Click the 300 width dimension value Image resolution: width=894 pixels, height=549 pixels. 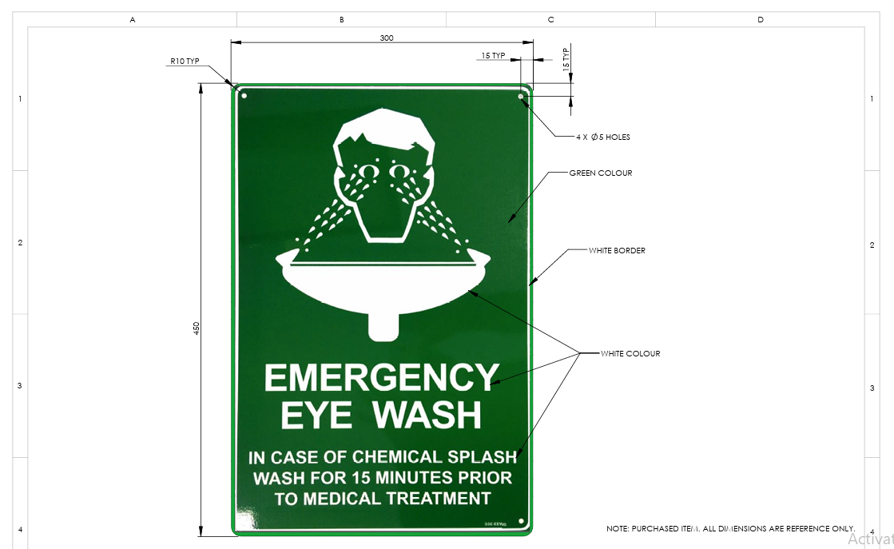[387, 38]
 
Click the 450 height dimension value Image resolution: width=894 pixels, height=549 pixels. [197, 328]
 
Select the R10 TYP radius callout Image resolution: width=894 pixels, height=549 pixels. [184, 61]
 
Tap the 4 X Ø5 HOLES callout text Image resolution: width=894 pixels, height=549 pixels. [603, 137]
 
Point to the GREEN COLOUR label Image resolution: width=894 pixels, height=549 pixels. [601, 173]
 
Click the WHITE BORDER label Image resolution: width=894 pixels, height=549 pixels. [617, 251]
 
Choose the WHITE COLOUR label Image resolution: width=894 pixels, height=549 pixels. [630, 354]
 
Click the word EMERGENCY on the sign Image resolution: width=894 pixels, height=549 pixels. [381, 378]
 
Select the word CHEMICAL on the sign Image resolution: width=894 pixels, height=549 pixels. [397, 457]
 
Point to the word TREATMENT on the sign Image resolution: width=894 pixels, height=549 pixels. [439, 499]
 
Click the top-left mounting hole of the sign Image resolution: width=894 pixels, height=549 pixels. [244, 96]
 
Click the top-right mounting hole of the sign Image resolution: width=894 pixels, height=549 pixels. [521, 96]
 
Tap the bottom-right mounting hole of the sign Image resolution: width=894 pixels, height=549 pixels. [521, 523]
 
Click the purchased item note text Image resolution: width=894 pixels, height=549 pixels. [730, 529]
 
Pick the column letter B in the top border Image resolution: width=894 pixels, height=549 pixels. [341, 19]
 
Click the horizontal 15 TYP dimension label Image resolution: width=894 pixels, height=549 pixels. [493, 56]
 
